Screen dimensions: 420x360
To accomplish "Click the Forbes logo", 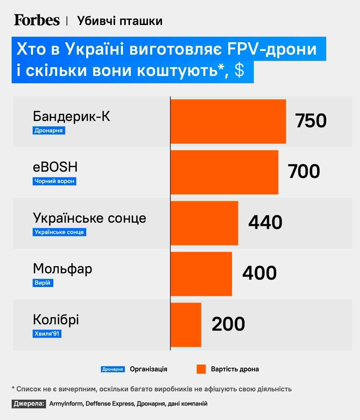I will (37, 20).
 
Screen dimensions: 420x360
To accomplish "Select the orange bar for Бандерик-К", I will (228, 121).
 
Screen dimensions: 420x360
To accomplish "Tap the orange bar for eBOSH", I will (224, 172).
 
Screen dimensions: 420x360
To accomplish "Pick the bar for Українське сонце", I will (204, 223).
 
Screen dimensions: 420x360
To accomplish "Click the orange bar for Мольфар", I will (201, 274).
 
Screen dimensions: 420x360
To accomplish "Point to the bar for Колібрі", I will (186, 325).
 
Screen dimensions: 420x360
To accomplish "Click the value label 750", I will (311, 121).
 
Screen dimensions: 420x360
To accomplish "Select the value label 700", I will (304, 171).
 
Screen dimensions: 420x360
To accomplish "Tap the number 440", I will (265, 222).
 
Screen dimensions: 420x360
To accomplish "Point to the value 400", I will (259, 273).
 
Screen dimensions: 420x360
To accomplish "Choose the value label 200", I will (228, 324).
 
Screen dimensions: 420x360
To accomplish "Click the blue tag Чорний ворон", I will (54, 181).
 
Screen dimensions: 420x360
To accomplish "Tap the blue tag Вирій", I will (43, 283).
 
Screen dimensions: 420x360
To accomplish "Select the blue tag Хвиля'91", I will (47, 334).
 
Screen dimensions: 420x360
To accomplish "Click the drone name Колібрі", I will (56, 320).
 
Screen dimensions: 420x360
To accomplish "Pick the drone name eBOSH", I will (55, 167).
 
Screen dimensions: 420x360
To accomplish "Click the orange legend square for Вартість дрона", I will (201, 369).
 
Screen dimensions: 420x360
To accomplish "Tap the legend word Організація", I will (149, 369).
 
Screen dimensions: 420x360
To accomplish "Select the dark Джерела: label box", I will (29, 404).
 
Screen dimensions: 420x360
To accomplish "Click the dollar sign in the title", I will (239, 71).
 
